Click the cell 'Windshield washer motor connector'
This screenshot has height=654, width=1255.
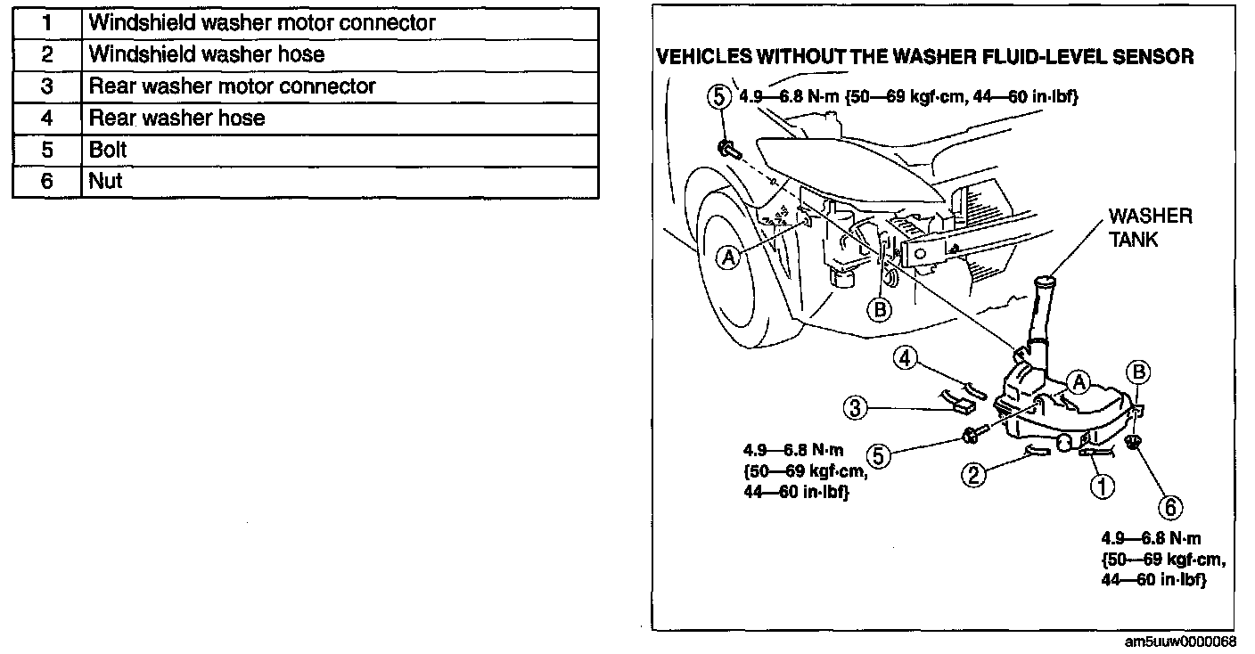tap(262, 22)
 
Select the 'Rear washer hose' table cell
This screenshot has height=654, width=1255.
tap(176, 118)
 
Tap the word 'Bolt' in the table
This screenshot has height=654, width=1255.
tap(108, 150)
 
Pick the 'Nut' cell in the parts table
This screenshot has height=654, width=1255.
tap(105, 182)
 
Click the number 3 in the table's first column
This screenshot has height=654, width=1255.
tap(47, 86)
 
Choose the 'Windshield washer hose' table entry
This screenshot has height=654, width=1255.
tap(206, 54)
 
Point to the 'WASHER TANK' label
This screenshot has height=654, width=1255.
tap(1150, 228)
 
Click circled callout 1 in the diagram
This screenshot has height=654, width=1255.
tap(1102, 486)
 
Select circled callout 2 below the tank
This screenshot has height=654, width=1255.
tap(973, 475)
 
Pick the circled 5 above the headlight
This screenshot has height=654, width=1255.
tap(718, 97)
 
